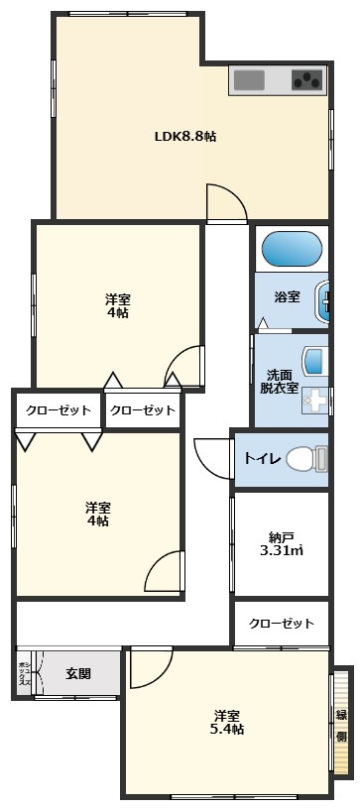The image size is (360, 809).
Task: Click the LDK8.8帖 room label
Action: (185, 138)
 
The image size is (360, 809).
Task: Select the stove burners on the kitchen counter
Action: (307, 79)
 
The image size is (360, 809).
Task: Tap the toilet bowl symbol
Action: (306, 459)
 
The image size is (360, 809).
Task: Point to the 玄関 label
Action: (78, 674)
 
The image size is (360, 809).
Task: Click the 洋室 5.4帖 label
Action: (226, 722)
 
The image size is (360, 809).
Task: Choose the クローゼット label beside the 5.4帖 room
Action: (281, 624)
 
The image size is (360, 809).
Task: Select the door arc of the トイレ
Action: (211, 457)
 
